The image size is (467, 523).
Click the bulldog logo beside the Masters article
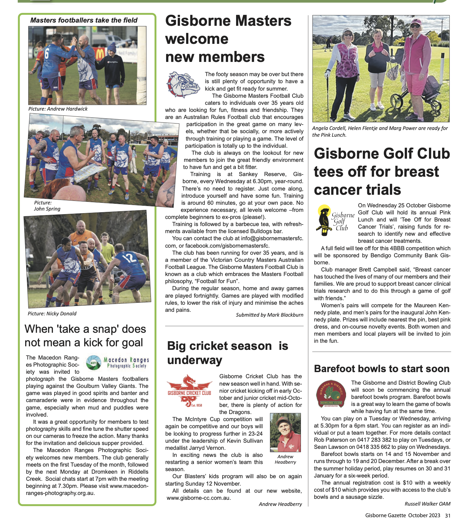coord(183,85)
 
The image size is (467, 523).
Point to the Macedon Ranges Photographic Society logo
coord(118,363)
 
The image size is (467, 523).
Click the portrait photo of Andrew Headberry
coord(285,433)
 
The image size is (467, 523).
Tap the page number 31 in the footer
coord(448,515)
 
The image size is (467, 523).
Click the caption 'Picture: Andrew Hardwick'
coord(58,109)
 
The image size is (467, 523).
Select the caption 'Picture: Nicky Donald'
coord(52,313)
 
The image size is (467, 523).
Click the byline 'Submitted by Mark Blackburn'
coord(269,315)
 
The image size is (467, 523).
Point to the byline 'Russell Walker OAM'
coord(427,504)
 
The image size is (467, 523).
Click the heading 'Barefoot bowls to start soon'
coord(382,369)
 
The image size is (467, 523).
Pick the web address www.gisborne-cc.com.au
coord(198,498)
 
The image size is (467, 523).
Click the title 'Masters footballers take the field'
coord(84,20)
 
